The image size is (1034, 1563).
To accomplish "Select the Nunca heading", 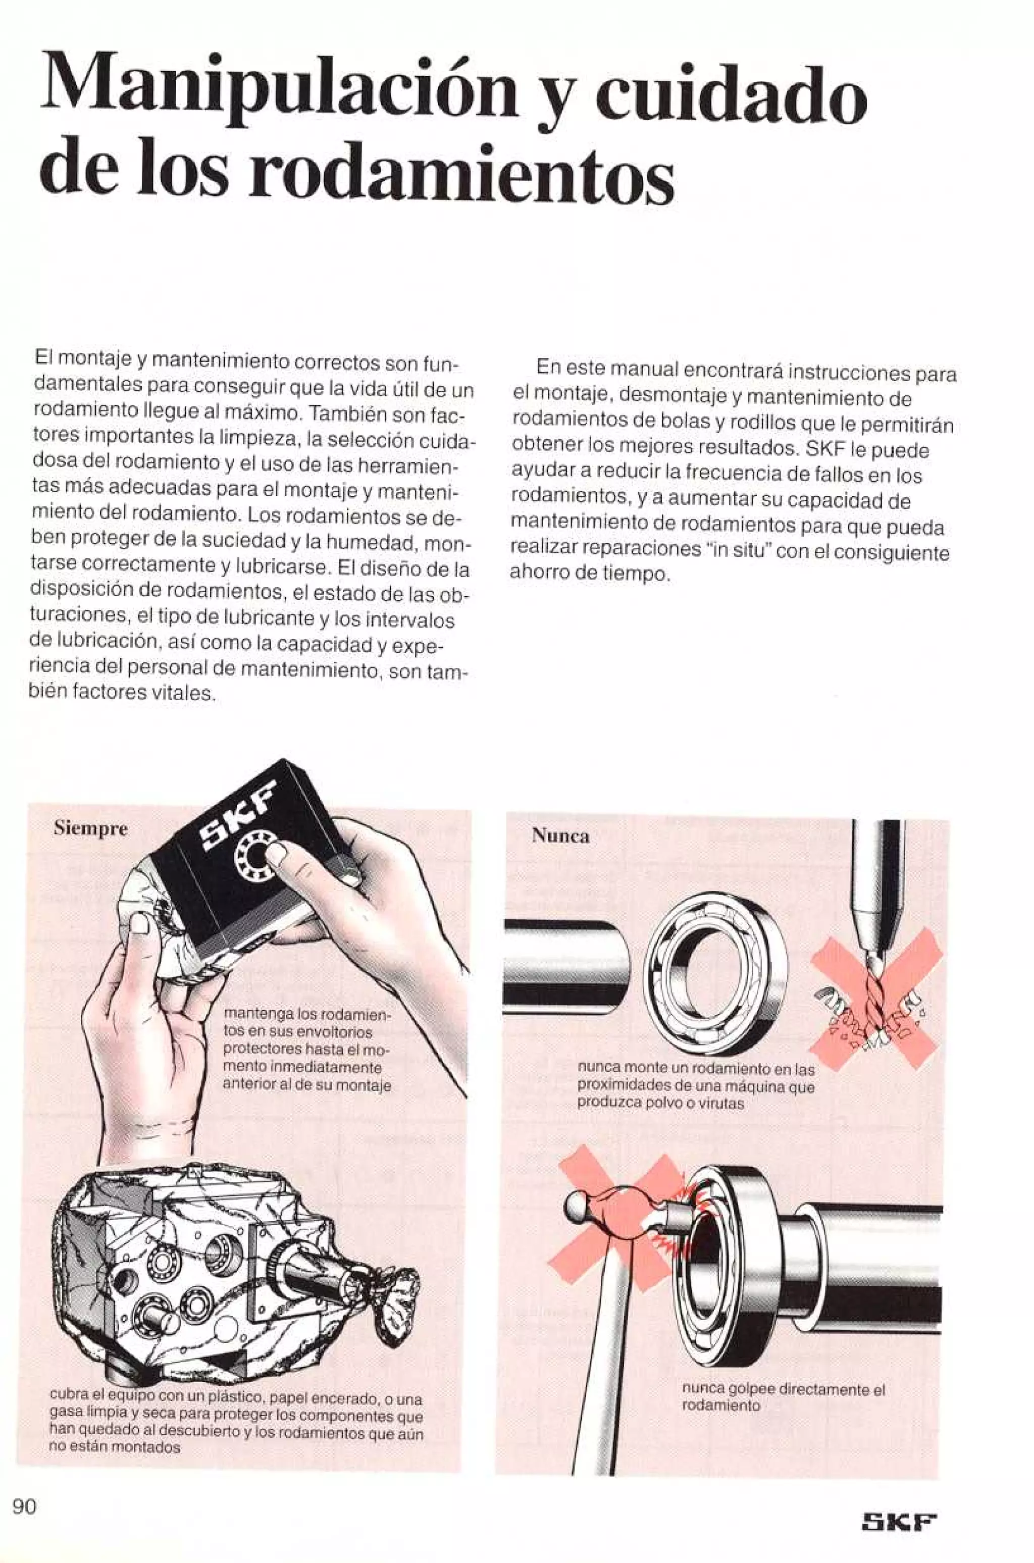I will [x=560, y=836].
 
